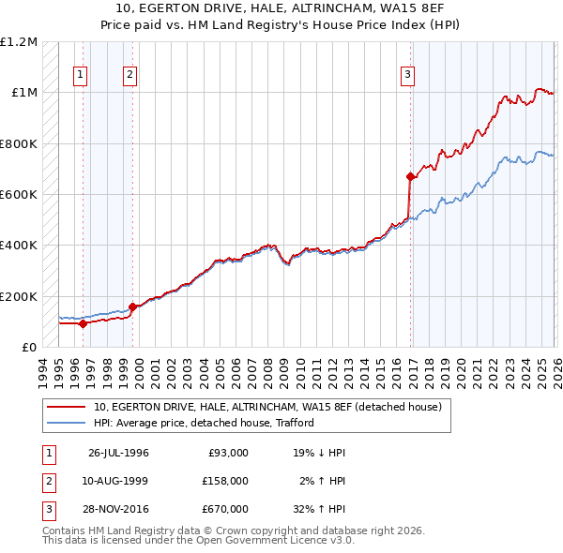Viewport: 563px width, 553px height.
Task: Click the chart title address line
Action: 281,9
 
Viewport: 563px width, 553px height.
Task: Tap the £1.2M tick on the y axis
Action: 19,42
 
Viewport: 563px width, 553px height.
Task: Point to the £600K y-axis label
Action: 19,195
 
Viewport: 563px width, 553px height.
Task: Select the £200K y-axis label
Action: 19,296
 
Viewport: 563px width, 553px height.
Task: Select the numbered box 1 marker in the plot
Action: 82,76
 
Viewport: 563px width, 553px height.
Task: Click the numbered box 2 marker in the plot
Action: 129,76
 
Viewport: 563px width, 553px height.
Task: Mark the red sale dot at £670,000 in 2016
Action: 410,176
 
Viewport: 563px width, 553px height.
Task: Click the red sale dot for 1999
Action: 132,306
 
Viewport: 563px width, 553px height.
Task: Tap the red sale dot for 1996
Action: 83,323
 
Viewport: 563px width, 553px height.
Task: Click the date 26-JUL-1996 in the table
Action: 118,453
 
